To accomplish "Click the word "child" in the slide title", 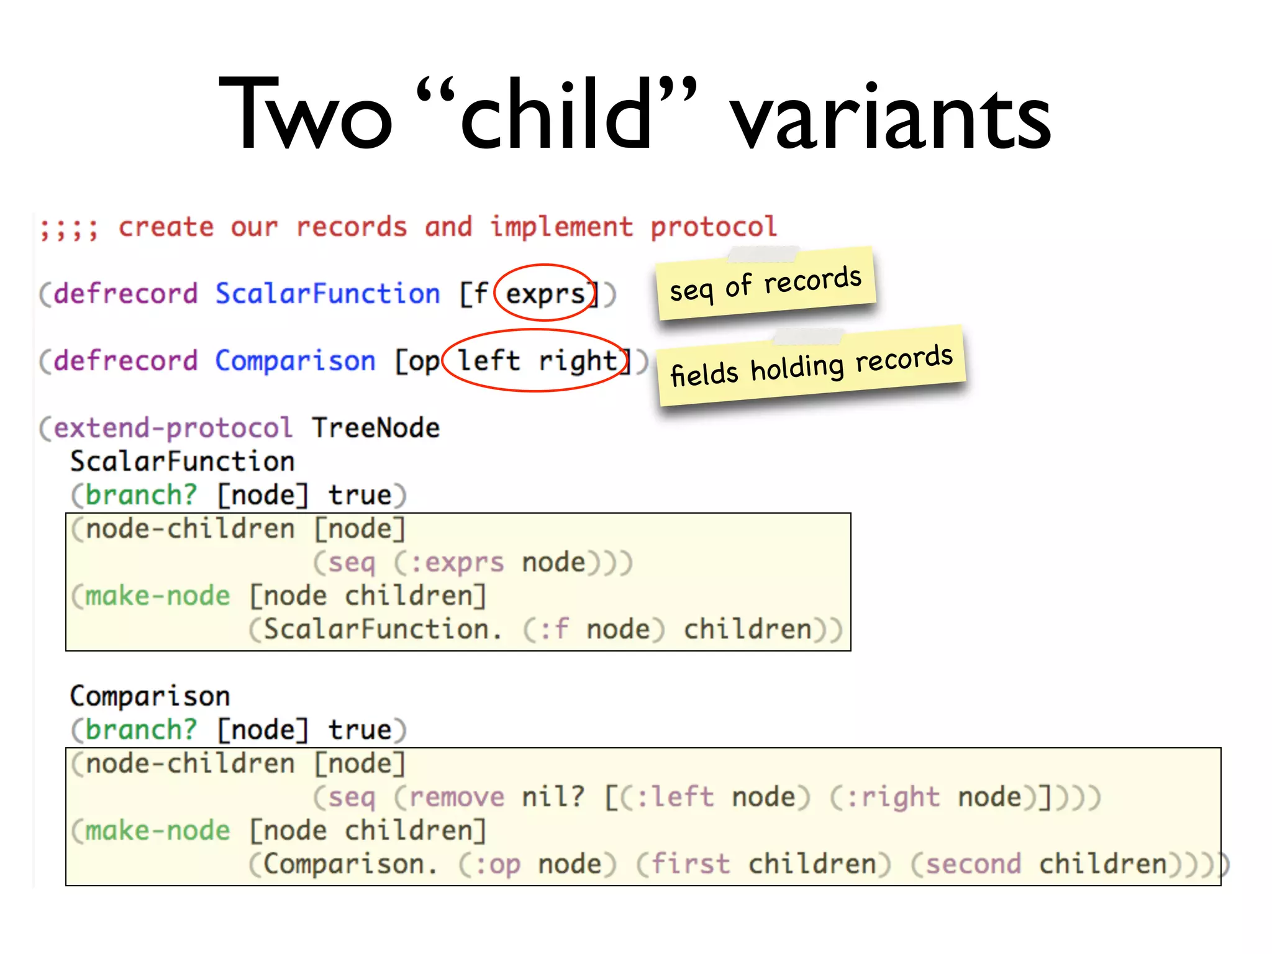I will (556, 115).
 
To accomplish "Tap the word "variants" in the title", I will (889, 118).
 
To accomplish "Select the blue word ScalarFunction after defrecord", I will (327, 294).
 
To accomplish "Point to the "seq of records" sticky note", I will (765, 283).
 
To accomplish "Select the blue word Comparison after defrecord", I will (295, 361).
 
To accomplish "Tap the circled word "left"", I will (489, 361).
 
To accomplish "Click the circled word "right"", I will (578, 361).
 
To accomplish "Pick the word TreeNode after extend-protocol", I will (376, 428).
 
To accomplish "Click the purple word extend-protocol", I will (173, 428).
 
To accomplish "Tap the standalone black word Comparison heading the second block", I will (150, 696).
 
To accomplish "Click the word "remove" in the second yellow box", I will (457, 797).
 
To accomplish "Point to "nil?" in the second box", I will (553, 797).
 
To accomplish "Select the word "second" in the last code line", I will (973, 865).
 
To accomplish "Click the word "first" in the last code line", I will (690, 865).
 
